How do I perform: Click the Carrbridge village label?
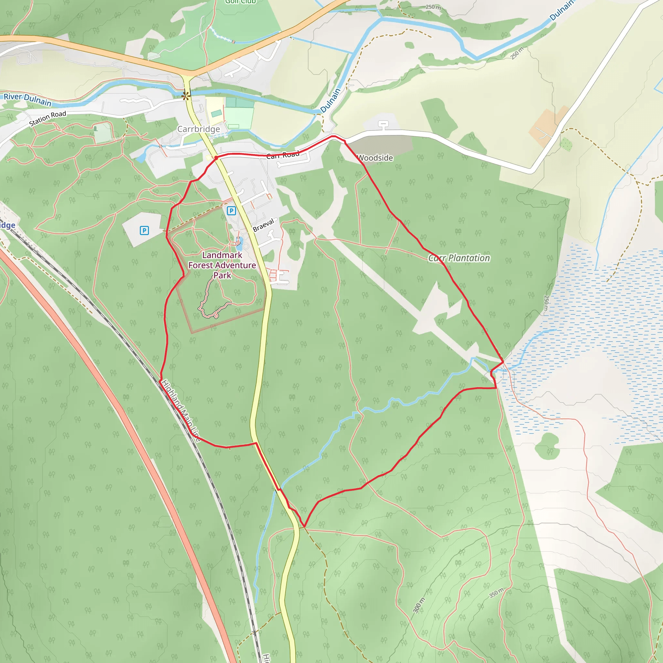tap(198, 129)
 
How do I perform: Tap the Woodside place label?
tap(375, 158)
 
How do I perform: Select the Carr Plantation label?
tap(459, 258)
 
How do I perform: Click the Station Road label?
tap(47, 118)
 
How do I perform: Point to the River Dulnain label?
tap(28, 99)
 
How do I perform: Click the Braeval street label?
tap(264, 225)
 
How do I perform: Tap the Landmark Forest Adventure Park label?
tap(222, 265)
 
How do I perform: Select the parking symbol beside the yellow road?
tap(231, 211)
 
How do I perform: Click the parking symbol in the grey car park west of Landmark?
tap(144, 230)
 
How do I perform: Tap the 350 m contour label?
tap(496, 593)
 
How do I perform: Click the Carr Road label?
tap(283, 155)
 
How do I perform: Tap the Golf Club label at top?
tap(240, 2)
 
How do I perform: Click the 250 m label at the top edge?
tap(433, 7)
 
